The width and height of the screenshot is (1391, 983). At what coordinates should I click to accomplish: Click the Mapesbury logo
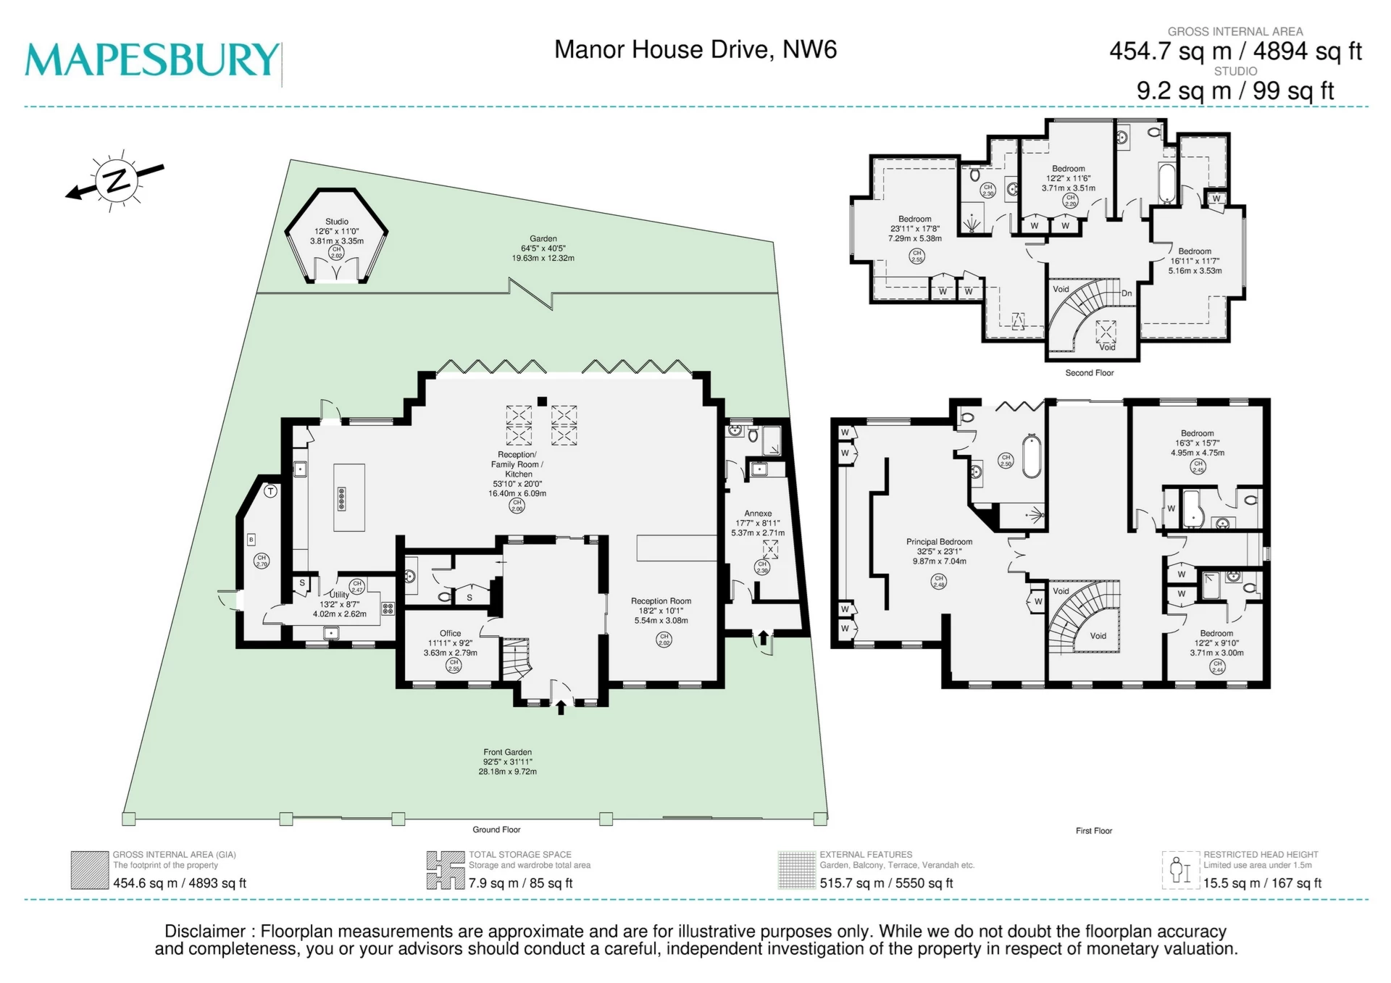[x=152, y=59]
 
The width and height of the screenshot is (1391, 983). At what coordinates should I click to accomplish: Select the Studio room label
[x=337, y=222]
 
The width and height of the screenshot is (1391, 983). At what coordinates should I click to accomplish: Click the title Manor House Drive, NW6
[x=695, y=50]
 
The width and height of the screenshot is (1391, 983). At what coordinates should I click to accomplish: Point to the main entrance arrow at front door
[x=561, y=706]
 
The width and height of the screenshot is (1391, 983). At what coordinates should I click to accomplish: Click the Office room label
[x=450, y=633]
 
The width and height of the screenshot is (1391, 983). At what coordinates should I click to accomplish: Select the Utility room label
[x=340, y=595]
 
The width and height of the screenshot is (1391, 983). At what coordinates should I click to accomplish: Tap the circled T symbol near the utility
[x=271, y=492]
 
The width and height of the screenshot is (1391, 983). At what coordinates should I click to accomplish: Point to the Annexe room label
[x=758, y=514]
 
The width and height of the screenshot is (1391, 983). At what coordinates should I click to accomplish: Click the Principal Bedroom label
[x=939, y=542]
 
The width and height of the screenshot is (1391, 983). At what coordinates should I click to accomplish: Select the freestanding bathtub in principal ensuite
[x=1032, y=456]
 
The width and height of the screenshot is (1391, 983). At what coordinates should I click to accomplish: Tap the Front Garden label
[x=507, y=752]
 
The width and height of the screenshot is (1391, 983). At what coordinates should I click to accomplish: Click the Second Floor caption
[x=1089, y=373]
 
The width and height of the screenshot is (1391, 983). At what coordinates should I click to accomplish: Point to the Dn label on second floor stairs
[x=1127, y=293]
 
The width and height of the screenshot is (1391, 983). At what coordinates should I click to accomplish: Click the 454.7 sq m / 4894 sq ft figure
[x=1235, y=51]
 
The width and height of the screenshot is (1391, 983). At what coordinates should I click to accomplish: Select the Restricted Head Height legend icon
[x=1180, y=870]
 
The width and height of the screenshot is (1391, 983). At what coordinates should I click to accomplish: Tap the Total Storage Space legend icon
[x=445, y=870]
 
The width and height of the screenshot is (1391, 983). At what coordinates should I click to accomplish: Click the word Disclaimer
[x=205, y=932]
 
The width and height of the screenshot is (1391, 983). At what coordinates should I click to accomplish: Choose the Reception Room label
[x=661, y=601]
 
